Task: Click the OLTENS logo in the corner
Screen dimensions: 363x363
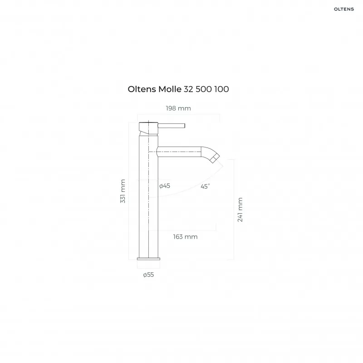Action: pos(344,9)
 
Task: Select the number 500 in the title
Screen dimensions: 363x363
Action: pos(204,89)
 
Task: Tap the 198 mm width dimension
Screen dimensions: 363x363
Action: pos(178,108)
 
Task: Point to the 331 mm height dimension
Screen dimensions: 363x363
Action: pos(123,191)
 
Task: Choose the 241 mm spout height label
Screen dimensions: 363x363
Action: pos(240,210)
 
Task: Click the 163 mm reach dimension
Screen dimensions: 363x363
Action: pos(185,237)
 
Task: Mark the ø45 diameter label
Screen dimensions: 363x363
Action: pos(165,186)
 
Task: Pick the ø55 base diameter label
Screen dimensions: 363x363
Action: pos(148,275)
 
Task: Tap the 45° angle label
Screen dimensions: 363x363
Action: pos(205,186)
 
